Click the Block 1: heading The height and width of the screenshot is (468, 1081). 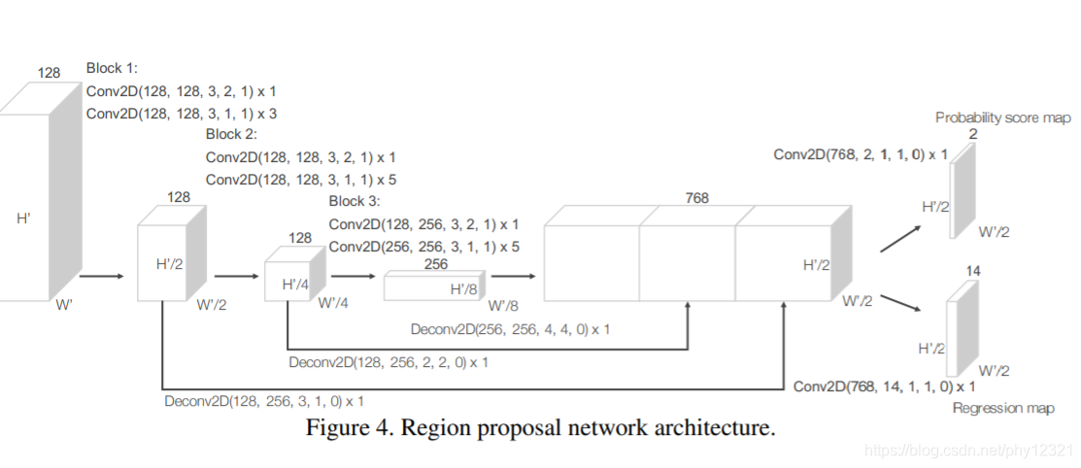tap(112, 68)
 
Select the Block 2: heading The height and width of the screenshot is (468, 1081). tap(231, 134)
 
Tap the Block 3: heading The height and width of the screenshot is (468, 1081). tap(355, 201)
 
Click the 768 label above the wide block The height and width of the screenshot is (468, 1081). tap(697, 198)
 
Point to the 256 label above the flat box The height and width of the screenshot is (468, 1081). tap(436, 264)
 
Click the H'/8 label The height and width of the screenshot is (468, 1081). tap(464, 288)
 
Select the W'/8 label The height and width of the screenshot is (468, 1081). tap(503, 306)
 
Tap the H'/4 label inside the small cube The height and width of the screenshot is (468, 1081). tap(296, 284)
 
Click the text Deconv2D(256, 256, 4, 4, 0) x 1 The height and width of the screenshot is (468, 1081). tap(510, 329)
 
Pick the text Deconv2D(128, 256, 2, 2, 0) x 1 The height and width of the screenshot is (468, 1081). tap(388, 362)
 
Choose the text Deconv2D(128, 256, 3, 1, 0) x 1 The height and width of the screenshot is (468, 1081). tap(264, 401)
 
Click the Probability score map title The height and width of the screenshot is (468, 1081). tap(1003, 117)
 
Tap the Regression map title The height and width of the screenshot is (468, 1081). tap(1003, 408)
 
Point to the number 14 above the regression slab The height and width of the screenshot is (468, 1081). tap(973, 272)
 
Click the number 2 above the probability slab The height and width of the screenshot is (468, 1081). tap(973, 134)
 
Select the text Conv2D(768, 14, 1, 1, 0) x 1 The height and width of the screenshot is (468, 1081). tap(885, 386)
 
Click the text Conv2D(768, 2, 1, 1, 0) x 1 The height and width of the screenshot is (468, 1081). tap(861, 154)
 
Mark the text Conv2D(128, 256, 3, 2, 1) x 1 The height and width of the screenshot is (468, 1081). tap(424, 224)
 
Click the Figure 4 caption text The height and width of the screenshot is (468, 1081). tap(540, 428)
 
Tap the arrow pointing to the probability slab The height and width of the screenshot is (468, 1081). tap(900, 239)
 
